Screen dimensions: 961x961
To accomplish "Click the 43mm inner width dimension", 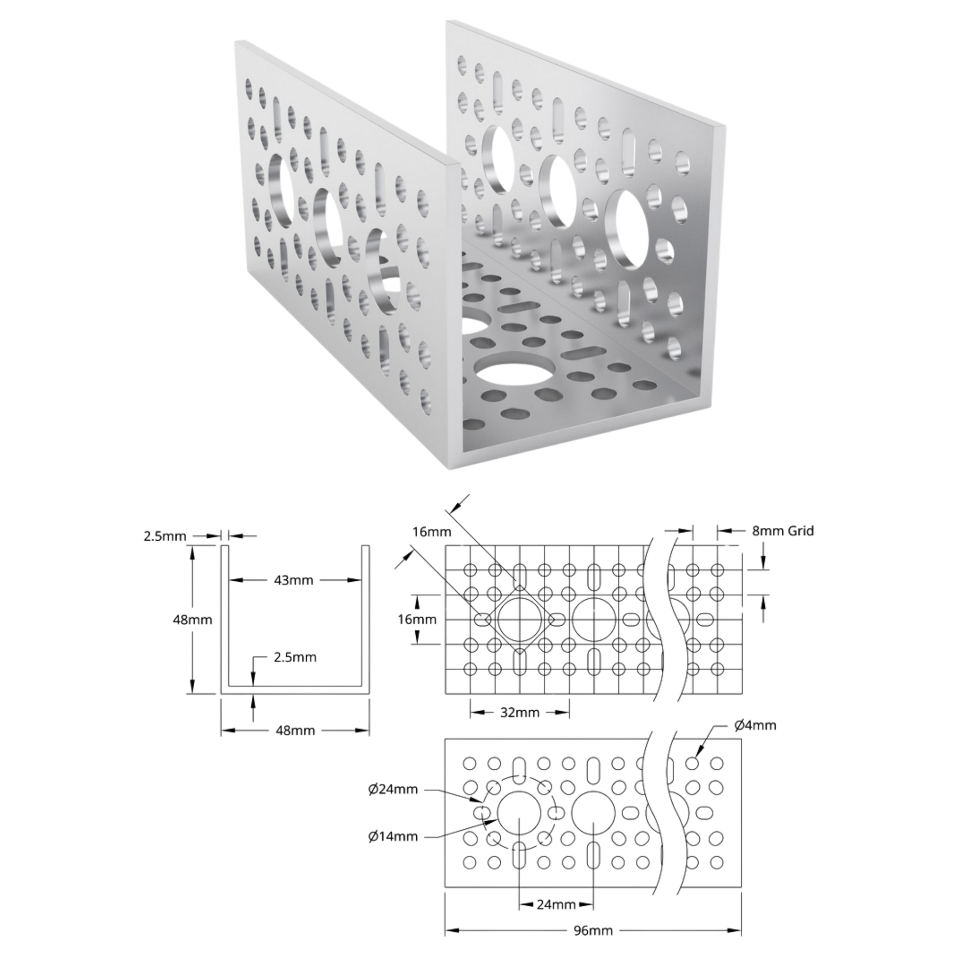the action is click(293, 580).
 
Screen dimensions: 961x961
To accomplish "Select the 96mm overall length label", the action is click(593, 930).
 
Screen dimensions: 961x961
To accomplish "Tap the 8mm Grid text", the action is click(783, 531).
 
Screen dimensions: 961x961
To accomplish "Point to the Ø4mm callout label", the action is click(755, 725).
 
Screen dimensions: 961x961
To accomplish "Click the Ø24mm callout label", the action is click(393, 789).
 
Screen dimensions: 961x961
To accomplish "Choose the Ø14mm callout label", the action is click(393, 836).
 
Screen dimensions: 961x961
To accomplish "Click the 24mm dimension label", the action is click(556, 904).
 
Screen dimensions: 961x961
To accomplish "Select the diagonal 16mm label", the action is click(432, 532).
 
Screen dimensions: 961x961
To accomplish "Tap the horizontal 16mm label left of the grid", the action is click(417, 619).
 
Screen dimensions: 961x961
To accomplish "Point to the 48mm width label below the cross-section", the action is click(295, 730).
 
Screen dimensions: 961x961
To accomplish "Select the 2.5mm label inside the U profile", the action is click(295, 657).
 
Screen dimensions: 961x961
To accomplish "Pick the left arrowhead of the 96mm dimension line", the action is click(452, 930).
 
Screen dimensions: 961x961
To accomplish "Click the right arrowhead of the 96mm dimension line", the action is click(735, 930).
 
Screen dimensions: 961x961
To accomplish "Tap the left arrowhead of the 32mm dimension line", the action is click(477, 712).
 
